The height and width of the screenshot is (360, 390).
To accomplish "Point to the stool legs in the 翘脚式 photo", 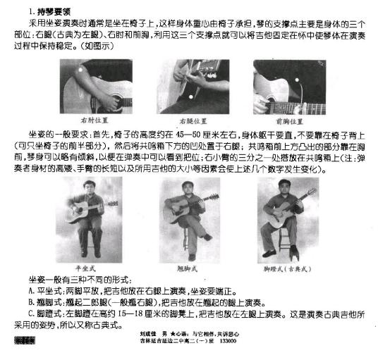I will pos(189,250).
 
